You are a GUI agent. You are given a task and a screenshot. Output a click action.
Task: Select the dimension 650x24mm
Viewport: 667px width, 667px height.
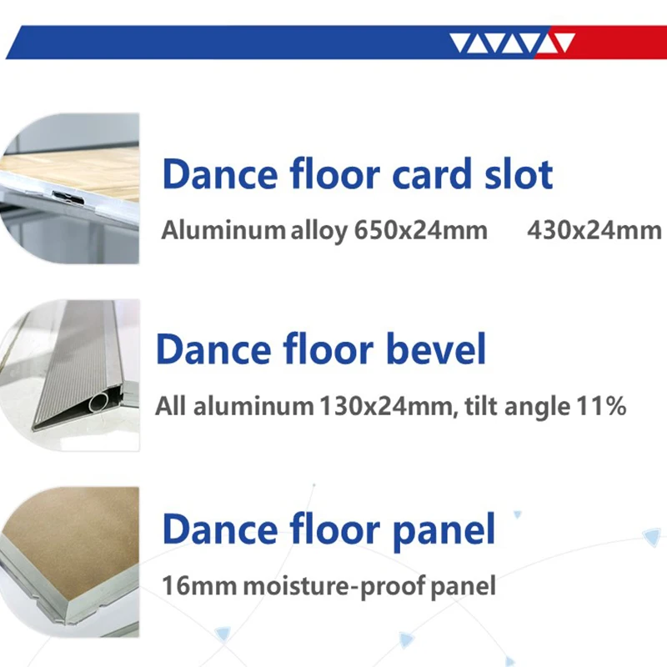tap(420, 230)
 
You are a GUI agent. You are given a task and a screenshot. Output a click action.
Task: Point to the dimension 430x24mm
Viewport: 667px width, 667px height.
tap(594, 230)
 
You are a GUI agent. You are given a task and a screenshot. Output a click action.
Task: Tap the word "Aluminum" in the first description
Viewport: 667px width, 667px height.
tap(223, 230)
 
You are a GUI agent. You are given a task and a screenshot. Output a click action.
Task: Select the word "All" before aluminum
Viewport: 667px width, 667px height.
tap(171, 408)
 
